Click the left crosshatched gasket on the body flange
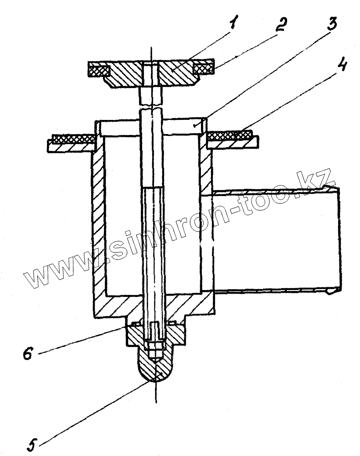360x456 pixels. click(73, 137)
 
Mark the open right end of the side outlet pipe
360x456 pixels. click(338, 239)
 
